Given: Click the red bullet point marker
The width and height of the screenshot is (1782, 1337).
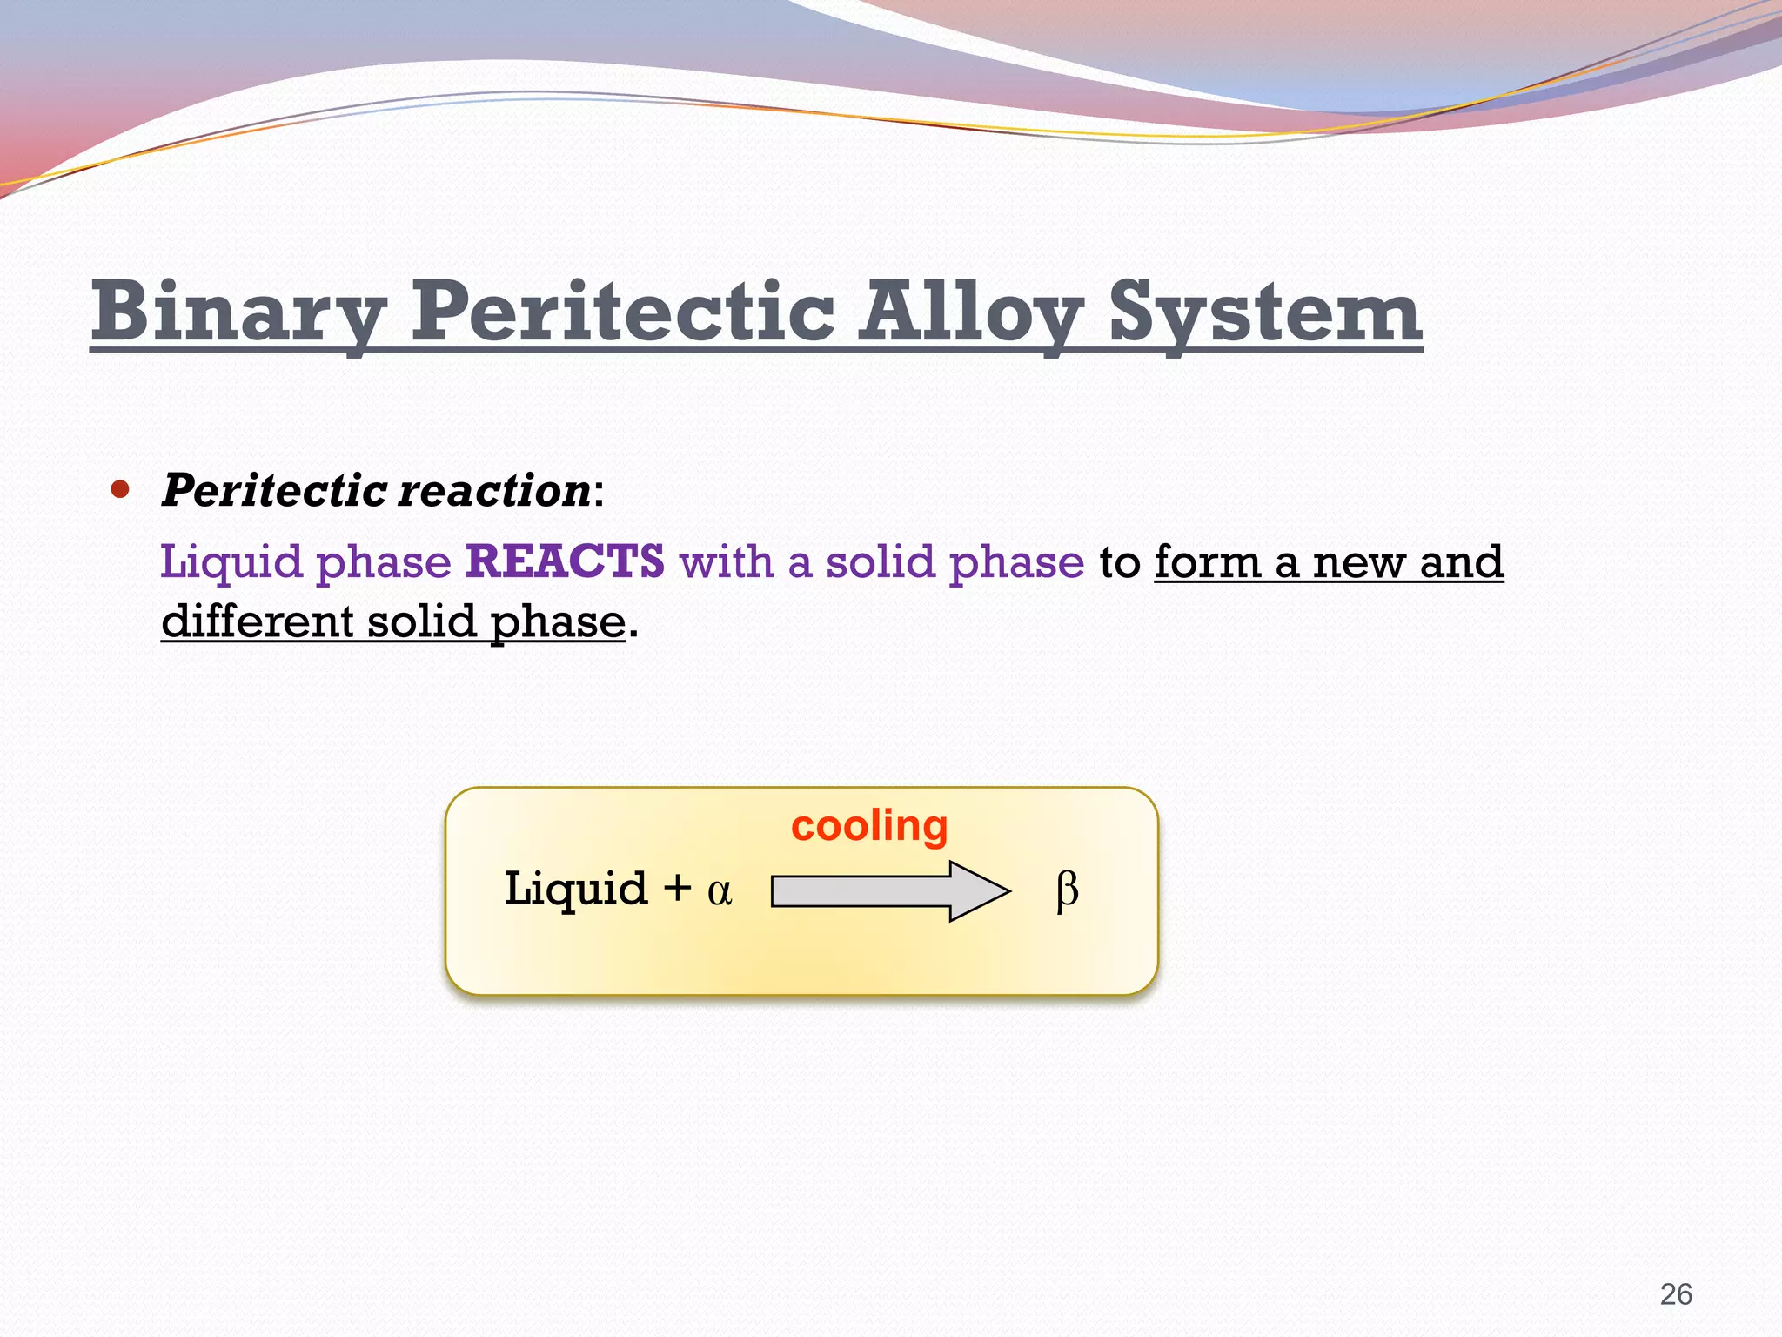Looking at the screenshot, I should point(120,489).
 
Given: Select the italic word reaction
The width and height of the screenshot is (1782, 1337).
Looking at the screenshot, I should point(494,490).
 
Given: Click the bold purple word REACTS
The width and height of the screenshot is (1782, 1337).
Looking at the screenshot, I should point(566,561).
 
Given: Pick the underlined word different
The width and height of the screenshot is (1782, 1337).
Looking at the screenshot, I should point(257,621).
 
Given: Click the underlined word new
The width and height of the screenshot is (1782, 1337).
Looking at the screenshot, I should point(1358,562).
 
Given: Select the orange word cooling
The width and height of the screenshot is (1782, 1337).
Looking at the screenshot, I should point(868,826).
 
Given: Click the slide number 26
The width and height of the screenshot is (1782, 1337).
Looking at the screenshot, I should point(1676,1294).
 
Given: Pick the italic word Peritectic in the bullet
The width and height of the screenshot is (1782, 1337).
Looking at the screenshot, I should point(274,490).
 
